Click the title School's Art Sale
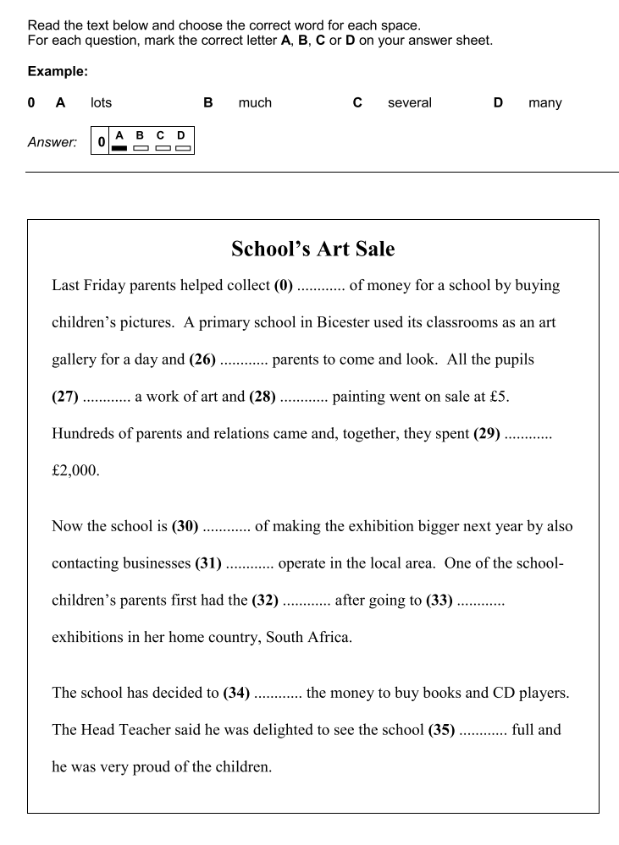coord(312,250)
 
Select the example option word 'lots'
coord(101,102)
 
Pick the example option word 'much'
coord(255,102)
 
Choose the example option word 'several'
coord(409,102)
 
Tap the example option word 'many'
coord(544,102)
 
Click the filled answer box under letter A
coord(119,148)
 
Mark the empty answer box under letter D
coord(181,148)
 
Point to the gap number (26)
coord(202,359)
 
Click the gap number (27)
coord(66,396)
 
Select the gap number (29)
coord(487,433)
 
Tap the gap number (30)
coord(185,525)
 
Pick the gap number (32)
coord(266,600)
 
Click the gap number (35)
coord(442,729)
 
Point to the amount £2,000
coord(75,470)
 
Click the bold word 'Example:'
coord(58,72)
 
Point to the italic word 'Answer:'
coord(52,142)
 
